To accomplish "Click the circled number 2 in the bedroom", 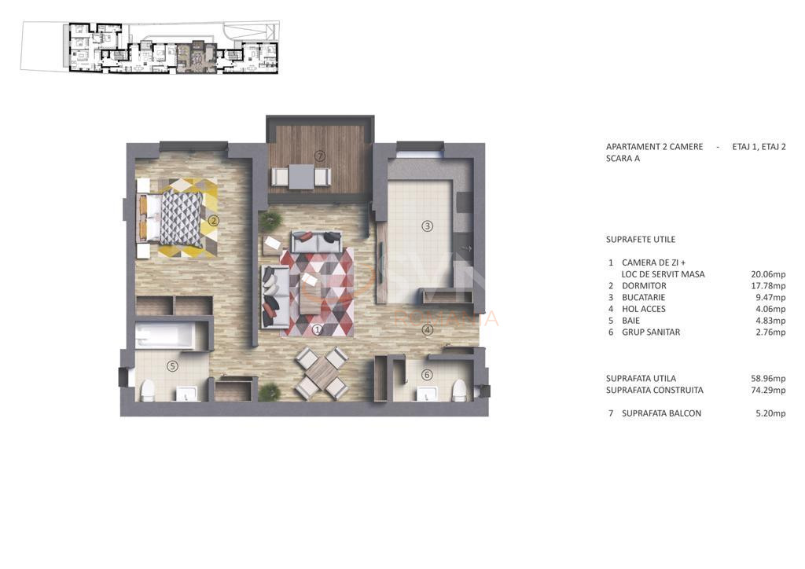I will (213, 221).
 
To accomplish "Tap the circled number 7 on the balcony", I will (320, 156).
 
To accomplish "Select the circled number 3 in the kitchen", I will (427, 226).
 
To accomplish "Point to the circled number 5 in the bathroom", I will (172, 365).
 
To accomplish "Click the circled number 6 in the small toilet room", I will (427, 375).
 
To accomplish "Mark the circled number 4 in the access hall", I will (427, 330).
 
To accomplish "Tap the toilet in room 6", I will (459, 390).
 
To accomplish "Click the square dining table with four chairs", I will (321, 373).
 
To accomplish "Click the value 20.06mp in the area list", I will (768, 274).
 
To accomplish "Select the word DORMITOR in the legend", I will (643, 286).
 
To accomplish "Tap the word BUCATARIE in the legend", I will (643, 298).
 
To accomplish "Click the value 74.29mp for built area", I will (768, 390).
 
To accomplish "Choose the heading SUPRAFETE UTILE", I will (640, 240).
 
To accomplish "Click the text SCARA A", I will (623, 159).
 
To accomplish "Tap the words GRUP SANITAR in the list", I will (650, 332).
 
